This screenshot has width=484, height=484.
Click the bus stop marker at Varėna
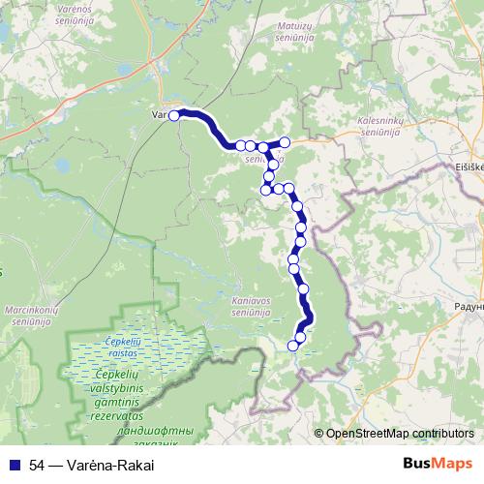coord(174,115)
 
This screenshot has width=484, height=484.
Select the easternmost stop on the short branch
coord(285,142)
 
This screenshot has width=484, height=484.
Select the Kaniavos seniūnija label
coord(256,307)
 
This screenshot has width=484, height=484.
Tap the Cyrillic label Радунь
coord(468,306)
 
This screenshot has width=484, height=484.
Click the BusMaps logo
coord(439,464)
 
